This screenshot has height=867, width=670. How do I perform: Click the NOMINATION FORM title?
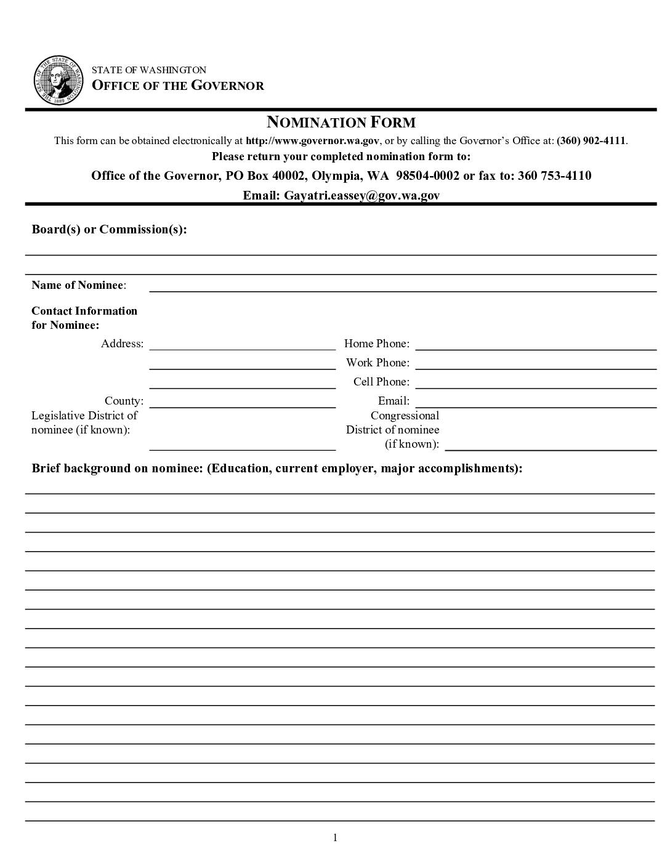[x=341, y=122]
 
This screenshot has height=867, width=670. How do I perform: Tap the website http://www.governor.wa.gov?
[x=313, y=140]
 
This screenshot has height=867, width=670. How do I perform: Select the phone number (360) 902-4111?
[x=591, y=140]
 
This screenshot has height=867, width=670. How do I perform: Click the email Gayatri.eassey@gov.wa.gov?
[x=361, y=195]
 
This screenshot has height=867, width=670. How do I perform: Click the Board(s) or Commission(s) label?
[x=109, y=229]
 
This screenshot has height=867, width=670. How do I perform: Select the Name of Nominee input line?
[x=403, y=286]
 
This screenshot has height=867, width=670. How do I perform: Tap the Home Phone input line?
[x=536, y=344]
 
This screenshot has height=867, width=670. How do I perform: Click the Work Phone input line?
[x=536, y=363]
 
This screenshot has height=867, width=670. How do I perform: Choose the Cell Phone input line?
[x=536, y=382]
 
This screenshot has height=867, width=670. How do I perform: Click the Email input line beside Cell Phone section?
[x=536, y=402]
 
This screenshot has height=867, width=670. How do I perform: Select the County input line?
[x=243, y=402]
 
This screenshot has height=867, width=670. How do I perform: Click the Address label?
[x=122, y=344]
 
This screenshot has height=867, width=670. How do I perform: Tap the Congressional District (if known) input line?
[x=551, y=445]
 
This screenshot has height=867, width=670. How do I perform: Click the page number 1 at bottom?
[x=335, y=837]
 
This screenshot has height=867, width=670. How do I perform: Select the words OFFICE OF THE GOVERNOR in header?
[x=178, y=86]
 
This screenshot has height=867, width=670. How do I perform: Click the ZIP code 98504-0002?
[x=427, y=175]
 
